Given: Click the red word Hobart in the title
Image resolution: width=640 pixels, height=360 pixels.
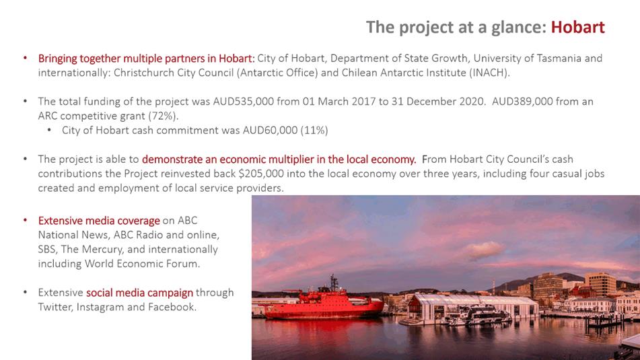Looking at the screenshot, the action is (x=577, y=28).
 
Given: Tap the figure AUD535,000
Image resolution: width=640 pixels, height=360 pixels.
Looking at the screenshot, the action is (x=243, y=101).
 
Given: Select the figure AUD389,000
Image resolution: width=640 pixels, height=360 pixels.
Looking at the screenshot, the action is (x=522, y=101).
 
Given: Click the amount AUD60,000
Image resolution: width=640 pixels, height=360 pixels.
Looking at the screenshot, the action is (x=270, y=130).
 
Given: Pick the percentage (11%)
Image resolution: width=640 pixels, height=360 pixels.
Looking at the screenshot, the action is (x=314, y=130).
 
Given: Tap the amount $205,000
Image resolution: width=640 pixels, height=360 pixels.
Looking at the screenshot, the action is (x=261, y=174).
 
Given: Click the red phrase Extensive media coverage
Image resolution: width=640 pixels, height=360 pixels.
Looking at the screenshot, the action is (x=99, y=221).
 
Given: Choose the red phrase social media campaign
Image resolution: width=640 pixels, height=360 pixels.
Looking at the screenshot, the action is (x=139, y=293).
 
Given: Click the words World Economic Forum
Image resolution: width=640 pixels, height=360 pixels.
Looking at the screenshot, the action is (x=142, y=264).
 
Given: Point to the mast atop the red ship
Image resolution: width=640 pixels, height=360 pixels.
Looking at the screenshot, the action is (x=334, y=283).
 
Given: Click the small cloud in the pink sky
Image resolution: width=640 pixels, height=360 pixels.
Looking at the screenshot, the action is (x=484, y=250).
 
